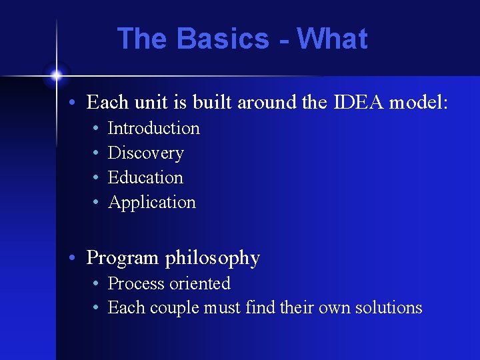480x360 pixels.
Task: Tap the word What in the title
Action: pos(333,39)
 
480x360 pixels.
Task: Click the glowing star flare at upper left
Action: pos(57,74)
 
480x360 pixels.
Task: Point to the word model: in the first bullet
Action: pos(419,103)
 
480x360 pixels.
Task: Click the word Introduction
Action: pos(153,128)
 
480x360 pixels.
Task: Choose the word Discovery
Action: pos(145,153)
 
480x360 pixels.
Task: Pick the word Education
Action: pos(145,177)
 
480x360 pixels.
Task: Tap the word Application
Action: pos(152,203)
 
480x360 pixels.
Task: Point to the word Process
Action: pos(135,283)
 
